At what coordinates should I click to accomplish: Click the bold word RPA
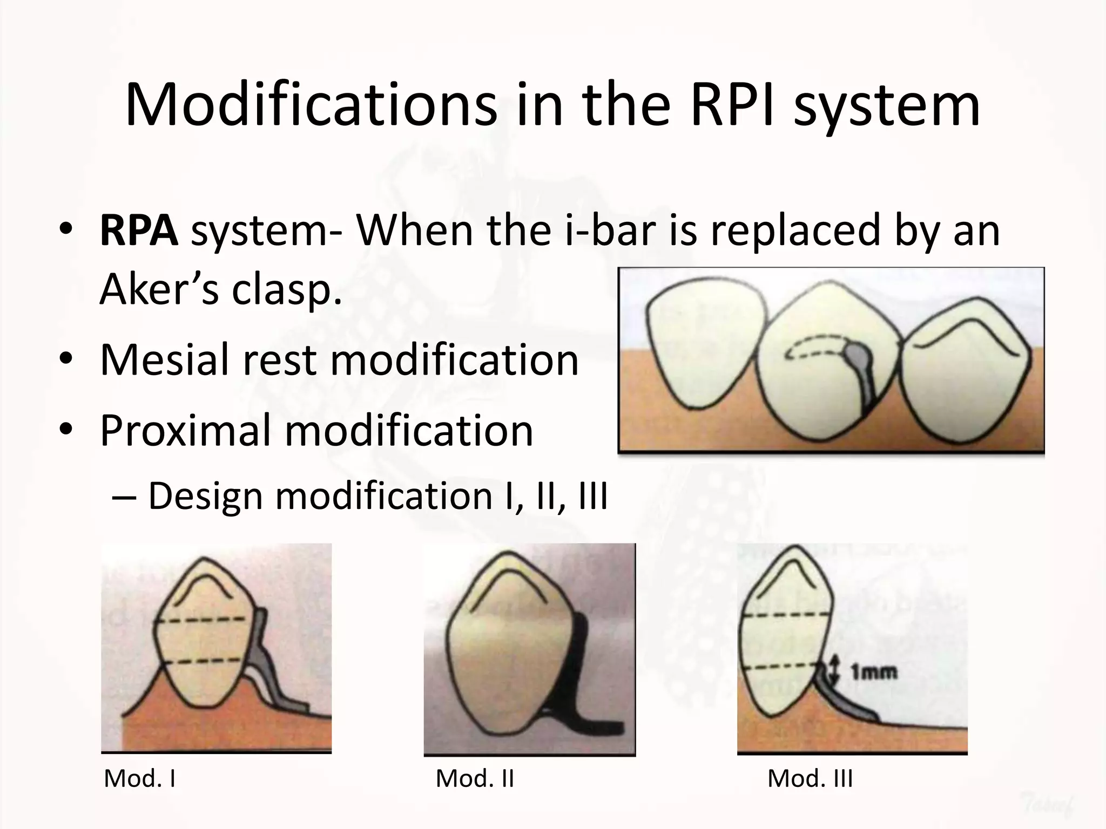coord(139,230)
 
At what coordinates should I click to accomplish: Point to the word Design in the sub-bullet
coord(205,495)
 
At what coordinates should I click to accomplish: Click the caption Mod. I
coord(140,778)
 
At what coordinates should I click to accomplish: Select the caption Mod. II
coord(475,778)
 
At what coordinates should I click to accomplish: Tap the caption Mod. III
coord(810,778)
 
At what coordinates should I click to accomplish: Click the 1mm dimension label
coord(874,672)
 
